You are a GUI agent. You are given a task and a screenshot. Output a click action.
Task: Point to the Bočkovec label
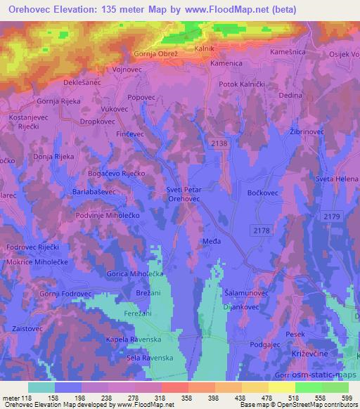(264, 191)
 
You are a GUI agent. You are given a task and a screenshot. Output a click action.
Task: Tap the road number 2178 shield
(261, 230)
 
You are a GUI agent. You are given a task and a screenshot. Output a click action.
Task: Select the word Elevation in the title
(79, 10)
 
